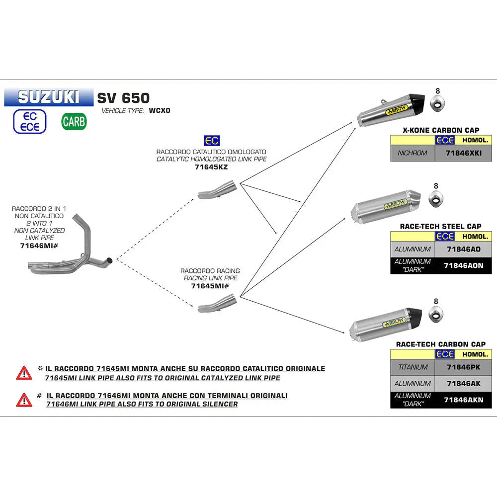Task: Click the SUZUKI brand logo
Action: tap(48, 97)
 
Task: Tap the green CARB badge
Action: tap(74, 121)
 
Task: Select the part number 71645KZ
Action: tap(211, 167)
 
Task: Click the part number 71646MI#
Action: tap(38, 246)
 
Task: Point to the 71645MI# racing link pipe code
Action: tap(210, 286)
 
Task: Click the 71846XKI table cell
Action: tap(464, 153)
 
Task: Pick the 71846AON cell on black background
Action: tap(463, 266)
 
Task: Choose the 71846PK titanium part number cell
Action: tap(463, 367)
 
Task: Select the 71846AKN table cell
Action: tap(463, 400)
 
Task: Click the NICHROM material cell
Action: tap(413, 153)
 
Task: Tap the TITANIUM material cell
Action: tap(413, 367)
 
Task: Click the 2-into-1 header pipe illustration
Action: tap(70, 248)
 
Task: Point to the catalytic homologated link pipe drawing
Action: tap(217, 191)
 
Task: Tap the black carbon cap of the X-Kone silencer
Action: tap(417, 102)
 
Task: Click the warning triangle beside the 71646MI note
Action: tap(24, 399)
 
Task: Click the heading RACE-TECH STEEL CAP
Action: tap(440, 227)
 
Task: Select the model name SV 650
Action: tap(123, 98)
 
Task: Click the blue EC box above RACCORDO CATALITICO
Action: tap(211, 141)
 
